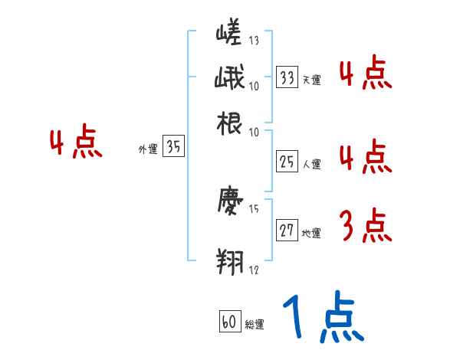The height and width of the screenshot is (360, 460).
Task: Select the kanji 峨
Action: click(228, 79)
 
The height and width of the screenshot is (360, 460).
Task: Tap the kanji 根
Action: click(228, 123)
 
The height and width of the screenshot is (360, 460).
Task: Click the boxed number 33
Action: click(287, 77)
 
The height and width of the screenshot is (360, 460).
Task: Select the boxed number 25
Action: click(287, 161)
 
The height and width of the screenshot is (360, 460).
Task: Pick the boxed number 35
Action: click(173, 148)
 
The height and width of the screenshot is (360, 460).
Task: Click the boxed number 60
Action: click(228, 322)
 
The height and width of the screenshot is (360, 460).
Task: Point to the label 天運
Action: click(311, 80)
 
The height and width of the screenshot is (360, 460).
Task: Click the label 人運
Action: click(311, 164)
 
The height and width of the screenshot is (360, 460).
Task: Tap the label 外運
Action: click(147, 150)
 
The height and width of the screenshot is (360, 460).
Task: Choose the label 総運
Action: click(255, 325)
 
